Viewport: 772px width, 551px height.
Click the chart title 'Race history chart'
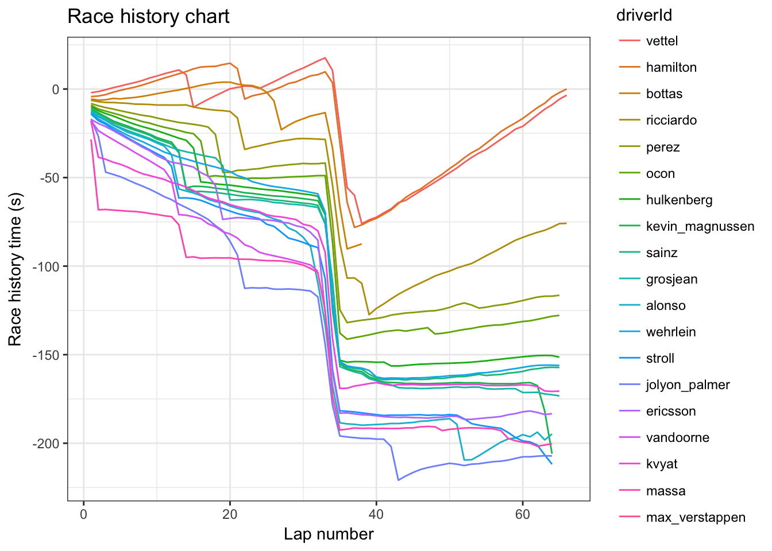point(148,17)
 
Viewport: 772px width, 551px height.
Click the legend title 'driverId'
point(643,15)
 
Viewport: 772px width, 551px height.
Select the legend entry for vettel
point(662,41)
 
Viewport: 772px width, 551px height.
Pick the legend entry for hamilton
point(671,67)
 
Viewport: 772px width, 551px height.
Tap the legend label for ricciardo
point(671,120)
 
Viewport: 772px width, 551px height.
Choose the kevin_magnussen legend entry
point(700,226)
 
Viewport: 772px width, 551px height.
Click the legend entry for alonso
point(665,305)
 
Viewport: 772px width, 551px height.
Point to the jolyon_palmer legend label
point(688,385)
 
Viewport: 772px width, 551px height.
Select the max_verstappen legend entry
point(695,517)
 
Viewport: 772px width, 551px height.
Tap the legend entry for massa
point(665,491)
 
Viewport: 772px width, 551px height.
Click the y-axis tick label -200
point(48,444)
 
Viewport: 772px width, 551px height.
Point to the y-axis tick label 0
point(56,89)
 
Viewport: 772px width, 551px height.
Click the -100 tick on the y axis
point(48,266)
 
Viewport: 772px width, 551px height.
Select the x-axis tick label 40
point(376,514)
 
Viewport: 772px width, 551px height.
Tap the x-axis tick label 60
point(522,514)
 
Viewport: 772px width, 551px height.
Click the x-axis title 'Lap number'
point(329,534)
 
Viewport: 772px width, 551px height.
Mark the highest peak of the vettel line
point(325,58)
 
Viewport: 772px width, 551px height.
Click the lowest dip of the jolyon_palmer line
point(398,480)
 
